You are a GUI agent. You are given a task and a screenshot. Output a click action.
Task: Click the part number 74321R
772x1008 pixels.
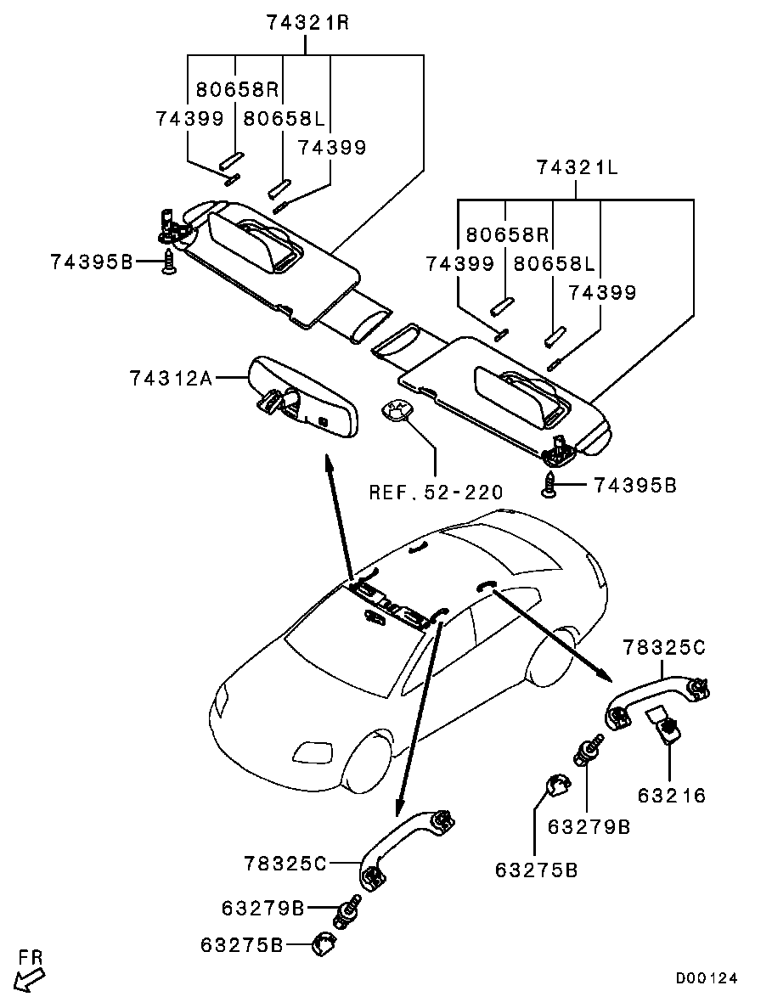307,22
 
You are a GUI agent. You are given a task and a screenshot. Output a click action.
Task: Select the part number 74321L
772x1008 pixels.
577,168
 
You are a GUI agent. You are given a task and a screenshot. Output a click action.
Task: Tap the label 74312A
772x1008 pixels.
172,377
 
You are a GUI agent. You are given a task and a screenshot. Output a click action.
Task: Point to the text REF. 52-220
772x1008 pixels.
436,493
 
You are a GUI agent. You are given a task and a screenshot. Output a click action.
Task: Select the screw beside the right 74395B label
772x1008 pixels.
549,484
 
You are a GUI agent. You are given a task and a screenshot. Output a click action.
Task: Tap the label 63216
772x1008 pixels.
672,795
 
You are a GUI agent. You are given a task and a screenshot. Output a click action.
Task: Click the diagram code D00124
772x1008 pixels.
706,978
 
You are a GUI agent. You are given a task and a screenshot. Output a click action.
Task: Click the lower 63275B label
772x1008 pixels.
242,945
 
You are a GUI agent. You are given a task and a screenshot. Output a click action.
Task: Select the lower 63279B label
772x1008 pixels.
263,908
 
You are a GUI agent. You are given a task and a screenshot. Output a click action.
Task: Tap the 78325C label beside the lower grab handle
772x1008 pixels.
285,863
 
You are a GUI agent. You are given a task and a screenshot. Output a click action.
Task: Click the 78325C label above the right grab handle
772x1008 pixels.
664,647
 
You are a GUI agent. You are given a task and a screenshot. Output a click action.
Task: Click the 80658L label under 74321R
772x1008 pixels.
285,119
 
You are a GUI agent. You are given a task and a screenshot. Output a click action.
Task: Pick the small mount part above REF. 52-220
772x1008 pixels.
396,408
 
